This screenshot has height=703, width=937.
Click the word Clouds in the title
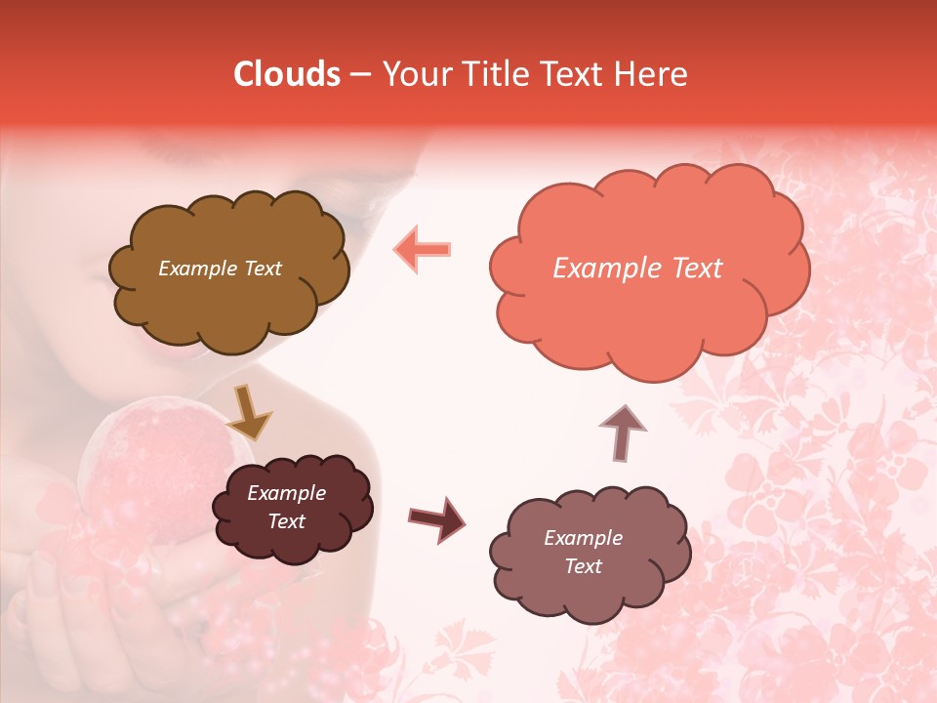pos(287,74)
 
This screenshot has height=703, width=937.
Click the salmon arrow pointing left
pos(422,249)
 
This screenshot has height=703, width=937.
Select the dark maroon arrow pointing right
pos(437,517)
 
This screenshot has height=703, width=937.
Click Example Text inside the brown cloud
pos(220,269)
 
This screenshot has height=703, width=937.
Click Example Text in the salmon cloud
pos(637,269)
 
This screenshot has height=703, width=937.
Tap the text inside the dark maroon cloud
pos(286,507)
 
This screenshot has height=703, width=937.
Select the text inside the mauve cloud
pos(583,552)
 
